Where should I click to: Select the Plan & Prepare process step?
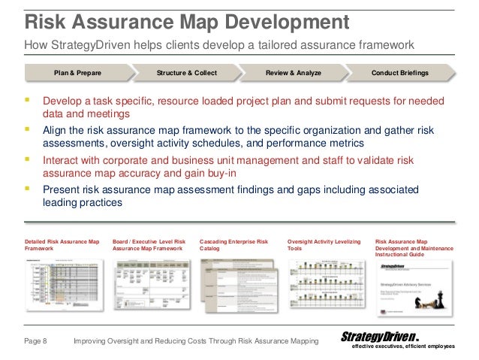(x=77, y=73)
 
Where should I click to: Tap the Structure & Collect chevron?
(x=185, y=73)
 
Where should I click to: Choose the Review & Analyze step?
(x=294, y=73)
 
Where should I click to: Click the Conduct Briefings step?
(x=400, y=73)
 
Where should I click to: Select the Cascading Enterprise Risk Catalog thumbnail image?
(x=238, y=286)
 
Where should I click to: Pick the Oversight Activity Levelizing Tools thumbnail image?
(x=325, y=286)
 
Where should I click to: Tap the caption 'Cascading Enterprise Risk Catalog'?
(x=233, y=244)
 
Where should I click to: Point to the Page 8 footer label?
(x=35, y=342)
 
